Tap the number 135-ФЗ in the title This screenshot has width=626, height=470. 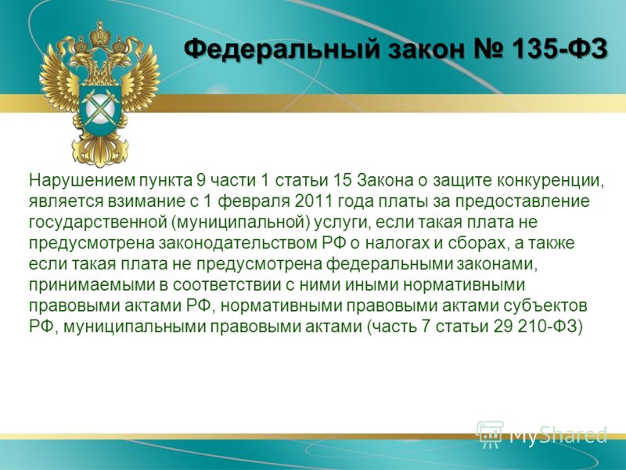point(559,49)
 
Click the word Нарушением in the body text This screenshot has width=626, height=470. point(82,181)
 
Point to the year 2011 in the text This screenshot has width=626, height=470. point(314,201)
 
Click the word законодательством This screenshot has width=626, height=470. point(239,244)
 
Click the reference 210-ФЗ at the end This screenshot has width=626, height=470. point(551,327)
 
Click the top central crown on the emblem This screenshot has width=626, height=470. point(100,35)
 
